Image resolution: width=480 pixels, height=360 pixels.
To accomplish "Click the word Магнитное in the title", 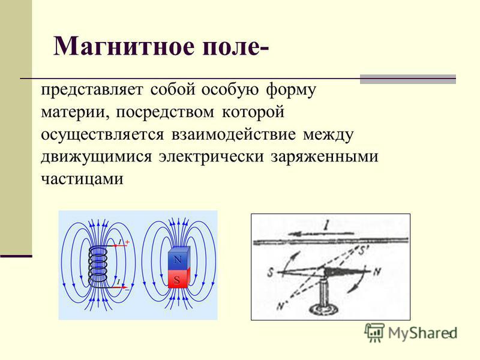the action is (124, 46).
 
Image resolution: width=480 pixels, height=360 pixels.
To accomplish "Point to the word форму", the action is (291, 90).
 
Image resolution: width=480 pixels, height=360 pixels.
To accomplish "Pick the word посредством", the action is (165, 112).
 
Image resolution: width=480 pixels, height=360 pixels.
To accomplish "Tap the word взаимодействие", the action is (233, 134).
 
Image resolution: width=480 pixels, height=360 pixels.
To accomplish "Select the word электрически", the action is (211, 157).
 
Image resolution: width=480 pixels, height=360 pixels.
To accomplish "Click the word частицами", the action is (82, 179).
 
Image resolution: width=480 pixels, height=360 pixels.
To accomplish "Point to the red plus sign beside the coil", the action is (127, 242).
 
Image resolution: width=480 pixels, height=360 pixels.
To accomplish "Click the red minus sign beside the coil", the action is (127, 289).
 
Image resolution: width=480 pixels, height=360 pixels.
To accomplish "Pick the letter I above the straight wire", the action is (326, 226).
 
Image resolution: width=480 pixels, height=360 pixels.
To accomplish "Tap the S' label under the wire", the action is (363, 251).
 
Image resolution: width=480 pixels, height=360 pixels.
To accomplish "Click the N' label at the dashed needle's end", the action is (281, 305).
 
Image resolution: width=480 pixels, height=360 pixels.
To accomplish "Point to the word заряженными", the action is (325, 157).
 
